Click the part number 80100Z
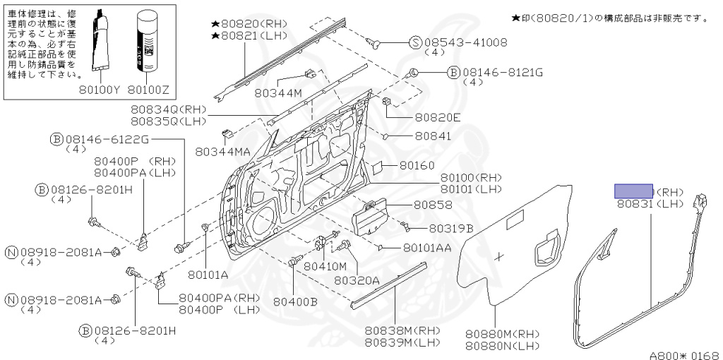(153, 90)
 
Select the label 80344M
(278, 92)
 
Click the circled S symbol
(417, 42)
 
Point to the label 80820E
(438, 117)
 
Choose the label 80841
(434, 136)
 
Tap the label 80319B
(450, 228)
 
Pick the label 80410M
(325, 266)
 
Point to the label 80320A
(357, 280)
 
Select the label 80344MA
(223, 151)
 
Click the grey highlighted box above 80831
(633, 191)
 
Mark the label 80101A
(208, 274)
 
